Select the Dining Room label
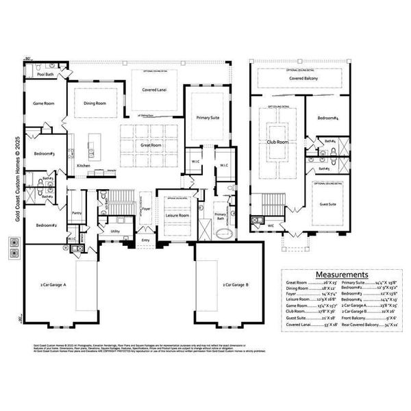95,103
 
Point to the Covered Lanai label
154,90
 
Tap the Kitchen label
84,166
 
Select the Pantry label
77,213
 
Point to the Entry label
145,240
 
